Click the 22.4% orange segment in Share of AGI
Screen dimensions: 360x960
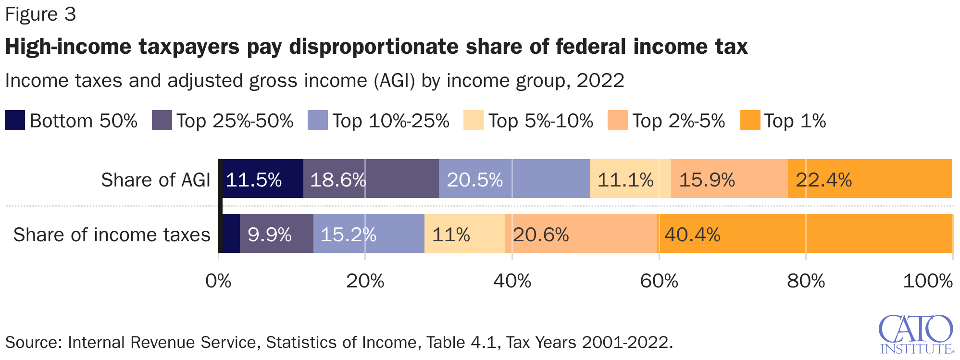click(x=870, y=179)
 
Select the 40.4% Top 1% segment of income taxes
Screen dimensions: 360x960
click(x=805, y=234)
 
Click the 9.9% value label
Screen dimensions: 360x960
click(x=270, y=235)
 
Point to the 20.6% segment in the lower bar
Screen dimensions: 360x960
click(x=581, y=234)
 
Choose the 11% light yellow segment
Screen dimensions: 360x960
click(x=464, y=234)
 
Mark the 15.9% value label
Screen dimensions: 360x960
click(x=707, y=180)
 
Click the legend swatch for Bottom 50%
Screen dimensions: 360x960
click(x=15, y=121)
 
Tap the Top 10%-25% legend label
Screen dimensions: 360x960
click(x=390, y=121)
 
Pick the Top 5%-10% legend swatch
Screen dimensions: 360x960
click(x=473, y=121)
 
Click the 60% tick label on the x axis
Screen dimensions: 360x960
click(x=659, y=281)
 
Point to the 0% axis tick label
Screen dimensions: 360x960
click(x=218, y=281)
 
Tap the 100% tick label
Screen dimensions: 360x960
click(x=927, y=281)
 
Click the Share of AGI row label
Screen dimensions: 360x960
click(x=155, y=180)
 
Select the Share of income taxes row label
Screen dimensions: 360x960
click(x=112, y=235)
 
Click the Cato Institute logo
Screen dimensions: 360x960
click(x=916, y=334)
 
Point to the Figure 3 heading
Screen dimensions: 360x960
click(x=40, y=14)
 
